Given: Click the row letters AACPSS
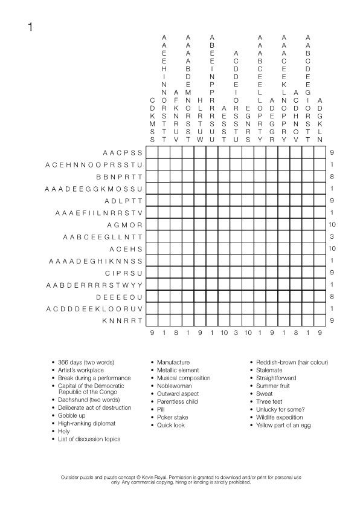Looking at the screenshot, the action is (123, 152).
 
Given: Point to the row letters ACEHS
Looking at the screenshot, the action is (126, 249).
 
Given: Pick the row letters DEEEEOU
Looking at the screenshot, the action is (120, 297).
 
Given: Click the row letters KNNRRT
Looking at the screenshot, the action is (123, 322).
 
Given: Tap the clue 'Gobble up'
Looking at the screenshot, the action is (72, 416).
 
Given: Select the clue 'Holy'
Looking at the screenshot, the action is (65, 432).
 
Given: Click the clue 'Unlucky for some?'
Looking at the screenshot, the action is (277, 409).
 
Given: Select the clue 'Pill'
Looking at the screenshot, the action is (161, 409).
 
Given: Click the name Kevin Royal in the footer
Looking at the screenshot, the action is (155, 478).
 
